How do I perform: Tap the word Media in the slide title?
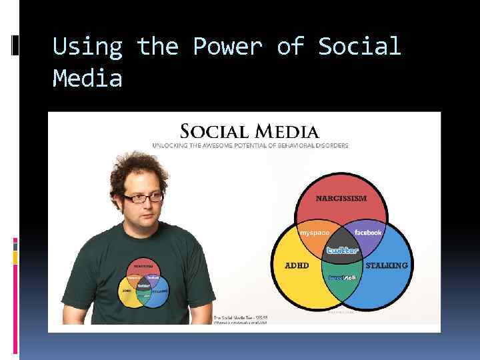[x=87, y=79]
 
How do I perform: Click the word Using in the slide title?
[x=87, y=47]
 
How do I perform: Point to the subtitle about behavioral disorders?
[x=250, y=145]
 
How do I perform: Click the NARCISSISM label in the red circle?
[x=341, y=198]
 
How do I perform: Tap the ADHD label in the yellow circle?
[x=297, y=265]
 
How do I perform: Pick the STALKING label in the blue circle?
[x=387, y=265]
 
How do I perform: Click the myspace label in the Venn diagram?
[x=314, y=232]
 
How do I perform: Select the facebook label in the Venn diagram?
[x=368, y=232]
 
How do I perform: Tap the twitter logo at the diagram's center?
[x=342, y=250]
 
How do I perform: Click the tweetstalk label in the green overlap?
[x=342, y=276]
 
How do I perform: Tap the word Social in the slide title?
[x=359, y=47]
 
